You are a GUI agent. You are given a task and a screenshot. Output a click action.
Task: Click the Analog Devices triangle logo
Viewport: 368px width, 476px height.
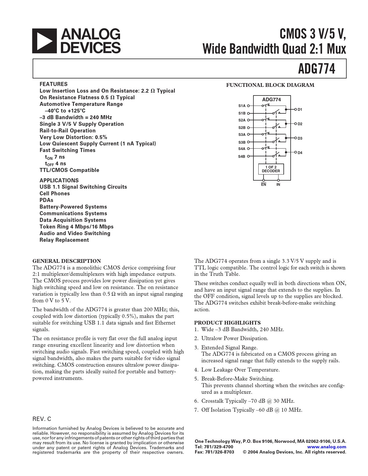click(x=44, y=41)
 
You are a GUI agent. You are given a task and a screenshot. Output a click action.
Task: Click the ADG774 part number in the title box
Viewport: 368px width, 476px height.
click(x=317, y=69)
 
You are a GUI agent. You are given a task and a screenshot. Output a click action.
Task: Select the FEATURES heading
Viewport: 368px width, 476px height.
click(x=53, y=84)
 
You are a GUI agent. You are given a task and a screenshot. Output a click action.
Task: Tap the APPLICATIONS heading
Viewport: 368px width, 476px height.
click(x=59, y=180)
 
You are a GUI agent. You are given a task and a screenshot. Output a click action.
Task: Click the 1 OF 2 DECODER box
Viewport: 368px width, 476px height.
click(x=271, y=169)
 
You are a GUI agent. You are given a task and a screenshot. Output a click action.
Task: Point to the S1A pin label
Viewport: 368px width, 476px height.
click(x=242, y=106)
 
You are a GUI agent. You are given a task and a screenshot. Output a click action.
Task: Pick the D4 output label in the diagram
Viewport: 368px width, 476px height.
click(x=300, y=153)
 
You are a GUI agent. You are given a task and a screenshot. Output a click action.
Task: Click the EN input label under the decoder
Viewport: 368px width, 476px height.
click(x=264, y=185)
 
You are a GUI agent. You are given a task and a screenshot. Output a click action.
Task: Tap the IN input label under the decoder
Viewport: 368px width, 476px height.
click(x=278, y=185)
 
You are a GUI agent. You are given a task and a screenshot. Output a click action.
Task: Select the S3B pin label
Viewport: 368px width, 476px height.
click(x=242, y=142)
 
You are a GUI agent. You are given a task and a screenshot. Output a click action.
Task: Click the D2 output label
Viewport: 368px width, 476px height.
click(x=300, y=124)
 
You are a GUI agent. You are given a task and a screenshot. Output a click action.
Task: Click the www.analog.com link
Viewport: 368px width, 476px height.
click(x=327, y=447)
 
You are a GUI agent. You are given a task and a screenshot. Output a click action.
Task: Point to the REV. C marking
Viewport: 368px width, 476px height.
click(x=42, y=419)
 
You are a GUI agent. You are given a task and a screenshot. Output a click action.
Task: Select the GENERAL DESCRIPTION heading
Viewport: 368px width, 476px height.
click(x=67, y=261)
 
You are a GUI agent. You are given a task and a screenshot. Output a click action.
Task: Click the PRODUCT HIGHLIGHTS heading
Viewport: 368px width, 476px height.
click(x=227, y=323)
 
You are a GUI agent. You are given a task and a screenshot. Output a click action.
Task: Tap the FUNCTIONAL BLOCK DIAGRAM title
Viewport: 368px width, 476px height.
click(x=270, y=85)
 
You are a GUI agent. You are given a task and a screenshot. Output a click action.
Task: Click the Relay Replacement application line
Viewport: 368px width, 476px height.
click(x=64, y=240)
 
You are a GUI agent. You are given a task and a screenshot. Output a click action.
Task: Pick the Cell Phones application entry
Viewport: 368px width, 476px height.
click(x=55, y=194)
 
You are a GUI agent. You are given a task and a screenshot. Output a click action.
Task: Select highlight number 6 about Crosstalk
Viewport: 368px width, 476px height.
click(x=248, y=401)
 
